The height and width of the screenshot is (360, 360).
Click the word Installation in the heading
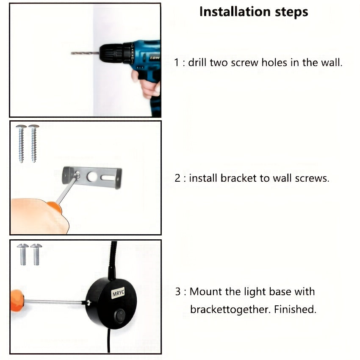click(x=235, y=11)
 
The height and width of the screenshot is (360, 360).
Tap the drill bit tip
click(x=72, y=53)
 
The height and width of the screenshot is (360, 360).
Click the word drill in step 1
click(x=197, y=62)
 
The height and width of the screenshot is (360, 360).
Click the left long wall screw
click(x=21, y=144)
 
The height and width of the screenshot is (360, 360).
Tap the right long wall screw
click(x=34, y=144)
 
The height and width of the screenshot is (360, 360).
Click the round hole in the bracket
click(x=92, y=176)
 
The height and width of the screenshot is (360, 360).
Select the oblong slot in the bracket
click(x=108, y=178)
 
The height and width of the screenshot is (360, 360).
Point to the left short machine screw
click(x=23, y=255)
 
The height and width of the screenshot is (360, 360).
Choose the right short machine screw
click(x=36, y=255)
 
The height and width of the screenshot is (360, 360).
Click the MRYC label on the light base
click(x=118, y=293)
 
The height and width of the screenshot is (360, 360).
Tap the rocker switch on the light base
click(x=119, y=316)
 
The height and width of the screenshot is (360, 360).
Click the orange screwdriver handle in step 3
click(x=17, y=301)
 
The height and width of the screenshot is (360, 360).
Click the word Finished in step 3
click(x=295, y=309)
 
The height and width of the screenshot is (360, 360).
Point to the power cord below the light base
click(x=108, y=340)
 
